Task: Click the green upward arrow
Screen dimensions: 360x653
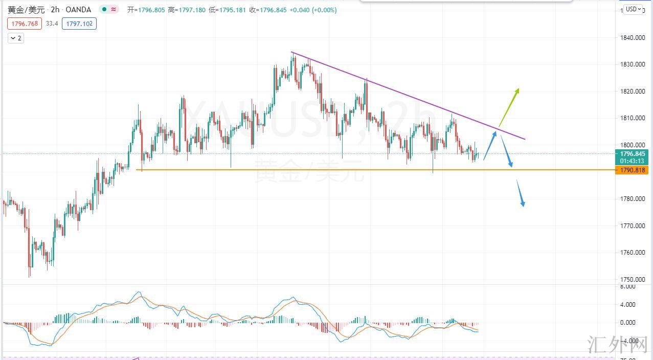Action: (x=509, y=107)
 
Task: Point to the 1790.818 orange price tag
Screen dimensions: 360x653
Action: (x=633, y=170)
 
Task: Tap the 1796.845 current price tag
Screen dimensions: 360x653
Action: (x=633, y=154)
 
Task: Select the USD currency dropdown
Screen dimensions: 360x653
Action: (x=633, y=9)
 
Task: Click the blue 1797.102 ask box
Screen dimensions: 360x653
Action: (x=79, y=24)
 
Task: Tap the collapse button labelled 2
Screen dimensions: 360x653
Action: (x=16, y=38)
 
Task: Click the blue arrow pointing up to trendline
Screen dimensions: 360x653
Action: (x=489, y=146)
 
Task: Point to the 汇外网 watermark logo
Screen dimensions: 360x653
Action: (x=618, y=346)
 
